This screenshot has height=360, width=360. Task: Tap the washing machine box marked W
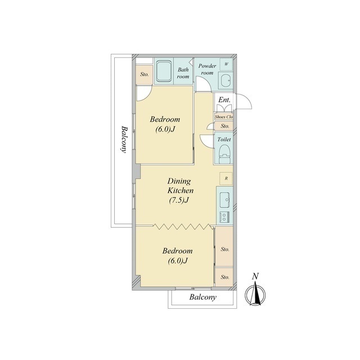226,64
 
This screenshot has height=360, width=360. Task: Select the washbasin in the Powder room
226,80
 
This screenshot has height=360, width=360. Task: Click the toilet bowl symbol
224,155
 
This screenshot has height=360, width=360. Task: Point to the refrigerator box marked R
226,178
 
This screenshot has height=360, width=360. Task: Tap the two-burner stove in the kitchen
224,217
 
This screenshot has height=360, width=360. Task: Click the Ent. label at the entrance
224,100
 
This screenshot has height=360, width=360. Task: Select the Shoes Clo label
224,117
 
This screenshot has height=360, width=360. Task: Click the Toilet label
224,139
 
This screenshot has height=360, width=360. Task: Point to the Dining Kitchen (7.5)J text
180,191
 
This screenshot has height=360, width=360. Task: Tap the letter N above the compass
255,276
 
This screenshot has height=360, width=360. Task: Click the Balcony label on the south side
202,298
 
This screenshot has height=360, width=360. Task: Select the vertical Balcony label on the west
124,139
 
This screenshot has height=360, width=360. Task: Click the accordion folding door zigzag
183,227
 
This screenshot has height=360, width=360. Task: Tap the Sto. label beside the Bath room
145,74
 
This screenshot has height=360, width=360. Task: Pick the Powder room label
208,69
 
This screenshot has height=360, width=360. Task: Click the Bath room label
183,73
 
